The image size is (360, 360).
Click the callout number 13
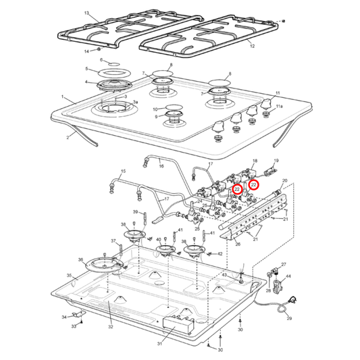pos(86,14)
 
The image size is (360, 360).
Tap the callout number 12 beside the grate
pos(251,46)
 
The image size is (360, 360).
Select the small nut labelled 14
pos(101,49)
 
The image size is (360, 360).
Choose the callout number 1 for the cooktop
pos(62,97)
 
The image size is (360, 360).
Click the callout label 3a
pos(135,102)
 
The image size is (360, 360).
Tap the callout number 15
pos(122,172)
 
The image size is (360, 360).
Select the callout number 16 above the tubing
pos(161,165)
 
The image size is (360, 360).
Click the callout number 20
pos(285,181)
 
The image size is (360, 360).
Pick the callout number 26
pos(237,245)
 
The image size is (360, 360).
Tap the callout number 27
pos(284,265)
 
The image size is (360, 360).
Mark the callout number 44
pos(288,277)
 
